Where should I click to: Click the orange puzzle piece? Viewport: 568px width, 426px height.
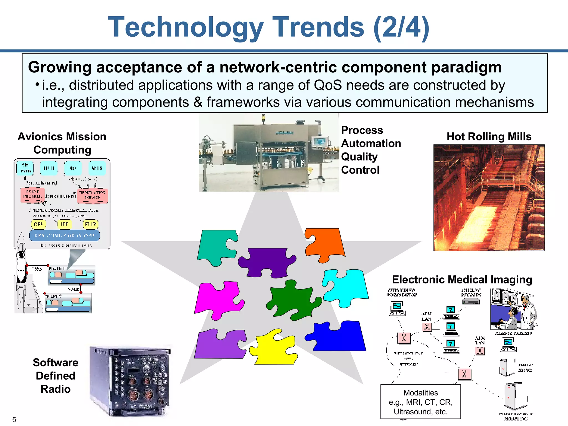(x=324, y=244)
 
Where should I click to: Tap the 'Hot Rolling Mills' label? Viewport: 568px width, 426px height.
(x=489, y=136)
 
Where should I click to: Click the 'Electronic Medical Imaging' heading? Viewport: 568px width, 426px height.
(x=462, y=280)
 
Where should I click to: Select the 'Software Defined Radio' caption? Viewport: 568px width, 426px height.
(x=55, y=376)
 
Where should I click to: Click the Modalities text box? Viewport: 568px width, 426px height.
(x=420, y=402)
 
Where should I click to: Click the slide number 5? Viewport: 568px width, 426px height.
(x=14, y=420)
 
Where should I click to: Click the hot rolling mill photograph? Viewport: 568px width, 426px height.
(x=489, y=197)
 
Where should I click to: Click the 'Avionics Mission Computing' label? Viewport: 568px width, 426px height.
(x=62, y=143)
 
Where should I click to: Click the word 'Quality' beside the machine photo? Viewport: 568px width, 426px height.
(x=359, y=157)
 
